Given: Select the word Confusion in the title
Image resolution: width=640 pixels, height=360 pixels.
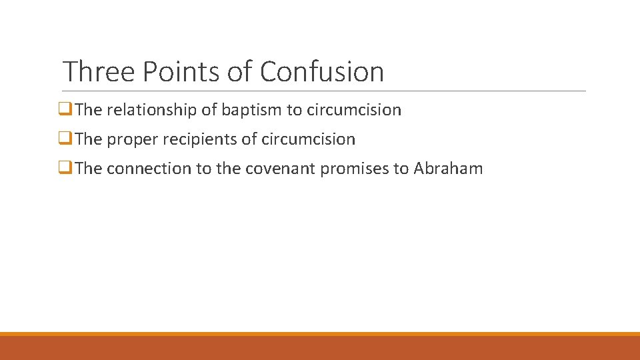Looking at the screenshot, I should [322, 71].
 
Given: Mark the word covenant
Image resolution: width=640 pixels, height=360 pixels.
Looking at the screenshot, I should [280, 169].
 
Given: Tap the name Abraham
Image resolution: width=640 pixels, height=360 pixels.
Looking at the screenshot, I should [448, 169].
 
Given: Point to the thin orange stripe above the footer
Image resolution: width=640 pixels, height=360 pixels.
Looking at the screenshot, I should [320, 334].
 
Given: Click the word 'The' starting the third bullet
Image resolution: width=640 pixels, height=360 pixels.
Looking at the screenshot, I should [89, 169].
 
